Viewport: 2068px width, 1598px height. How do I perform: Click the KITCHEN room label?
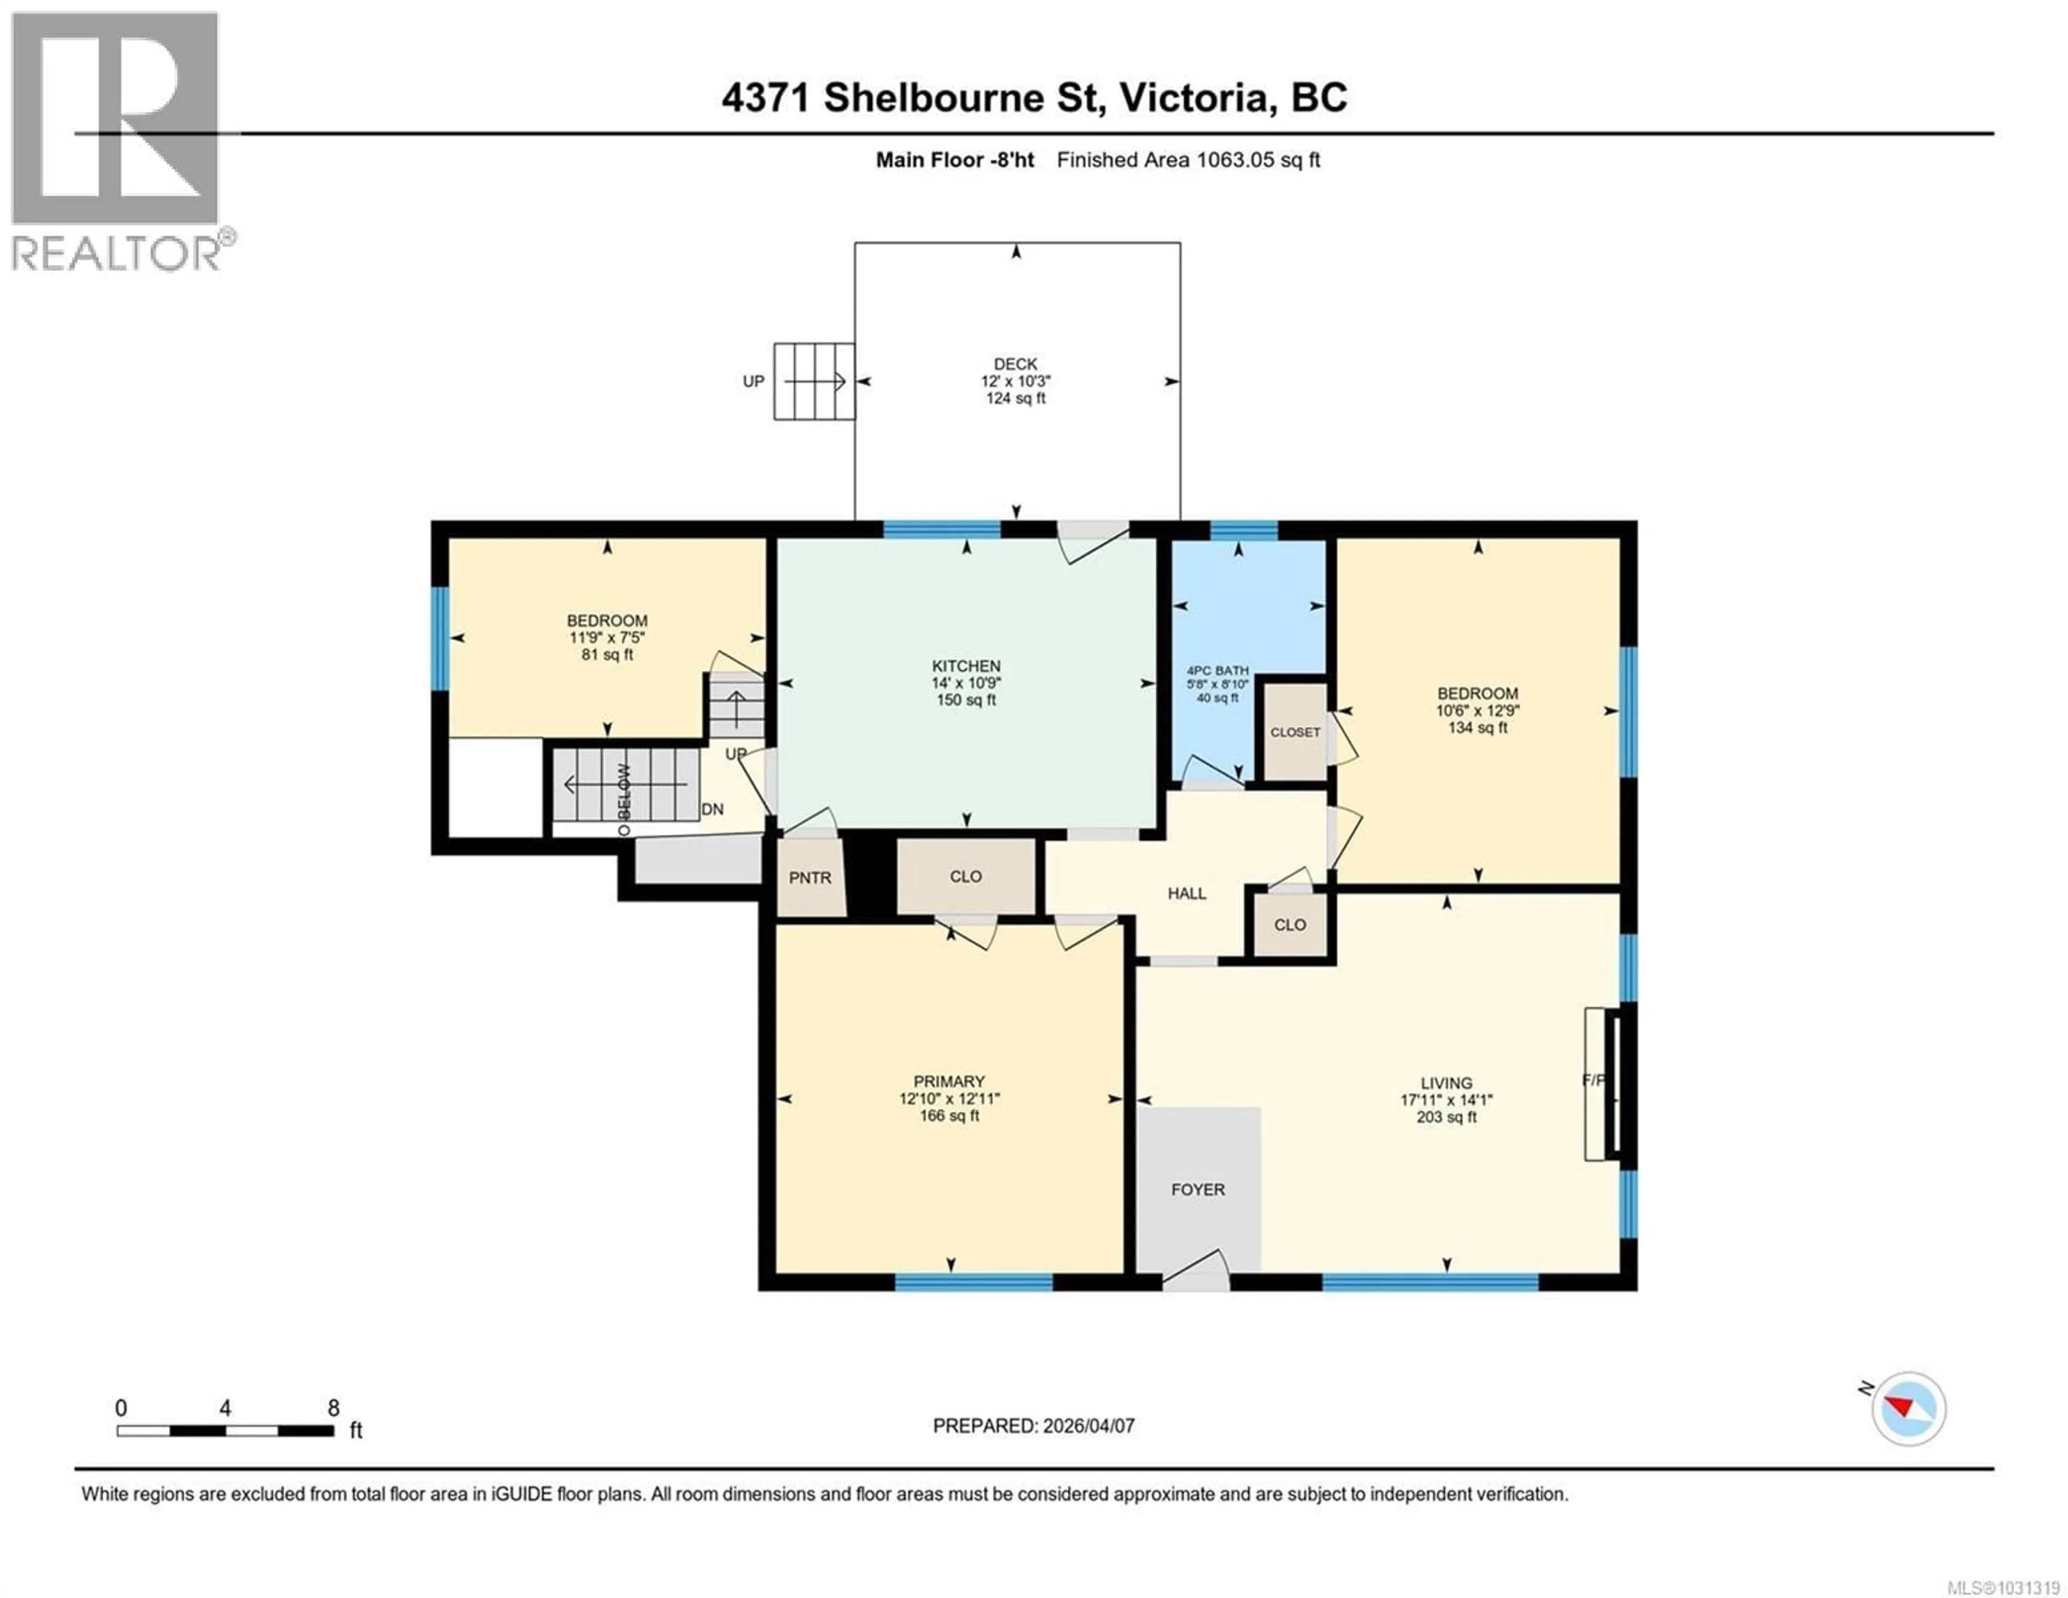966,666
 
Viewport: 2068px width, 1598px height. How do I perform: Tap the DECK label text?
1015,364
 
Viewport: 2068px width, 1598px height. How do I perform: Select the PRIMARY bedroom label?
949,1081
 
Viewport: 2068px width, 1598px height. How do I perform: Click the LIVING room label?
1446,1083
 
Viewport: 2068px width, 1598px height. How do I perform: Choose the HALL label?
1186,893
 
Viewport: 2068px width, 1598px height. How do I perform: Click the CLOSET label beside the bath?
1295,732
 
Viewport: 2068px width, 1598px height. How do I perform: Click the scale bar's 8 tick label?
333,1408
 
